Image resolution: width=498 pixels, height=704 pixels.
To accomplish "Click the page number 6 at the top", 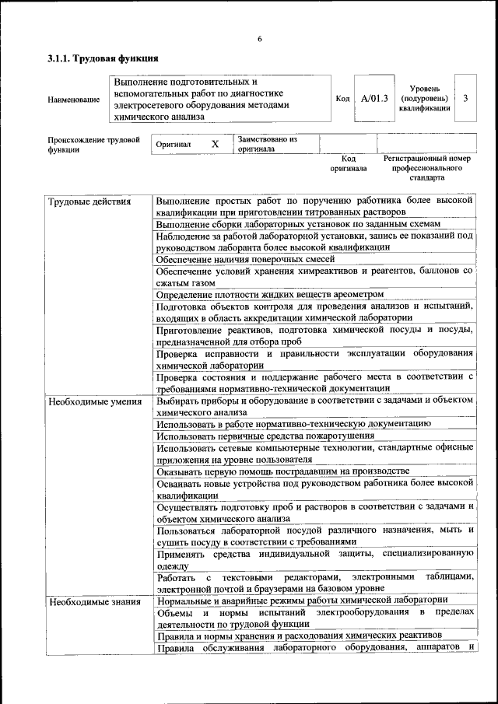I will [259, 39].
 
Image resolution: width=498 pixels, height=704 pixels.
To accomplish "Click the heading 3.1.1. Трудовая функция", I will [103, 58].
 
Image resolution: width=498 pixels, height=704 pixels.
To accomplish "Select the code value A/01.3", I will [373, 99].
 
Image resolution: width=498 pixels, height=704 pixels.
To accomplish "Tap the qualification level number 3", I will [465, 99].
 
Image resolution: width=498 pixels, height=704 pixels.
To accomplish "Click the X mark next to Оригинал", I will [216, 145].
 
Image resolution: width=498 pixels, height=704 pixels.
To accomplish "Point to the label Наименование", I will [74, 100].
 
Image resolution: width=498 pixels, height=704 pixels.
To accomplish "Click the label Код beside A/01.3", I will [342, 99].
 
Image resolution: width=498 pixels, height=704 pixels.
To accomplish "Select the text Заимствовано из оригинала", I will [268, 144].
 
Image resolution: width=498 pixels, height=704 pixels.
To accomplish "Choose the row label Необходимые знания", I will [93, 601].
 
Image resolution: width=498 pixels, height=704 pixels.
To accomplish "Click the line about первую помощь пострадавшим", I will [282, 471].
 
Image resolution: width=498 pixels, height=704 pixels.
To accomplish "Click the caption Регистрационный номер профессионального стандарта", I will [427, 167].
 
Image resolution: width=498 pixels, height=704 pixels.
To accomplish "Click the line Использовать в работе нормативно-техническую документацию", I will [293, 425].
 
